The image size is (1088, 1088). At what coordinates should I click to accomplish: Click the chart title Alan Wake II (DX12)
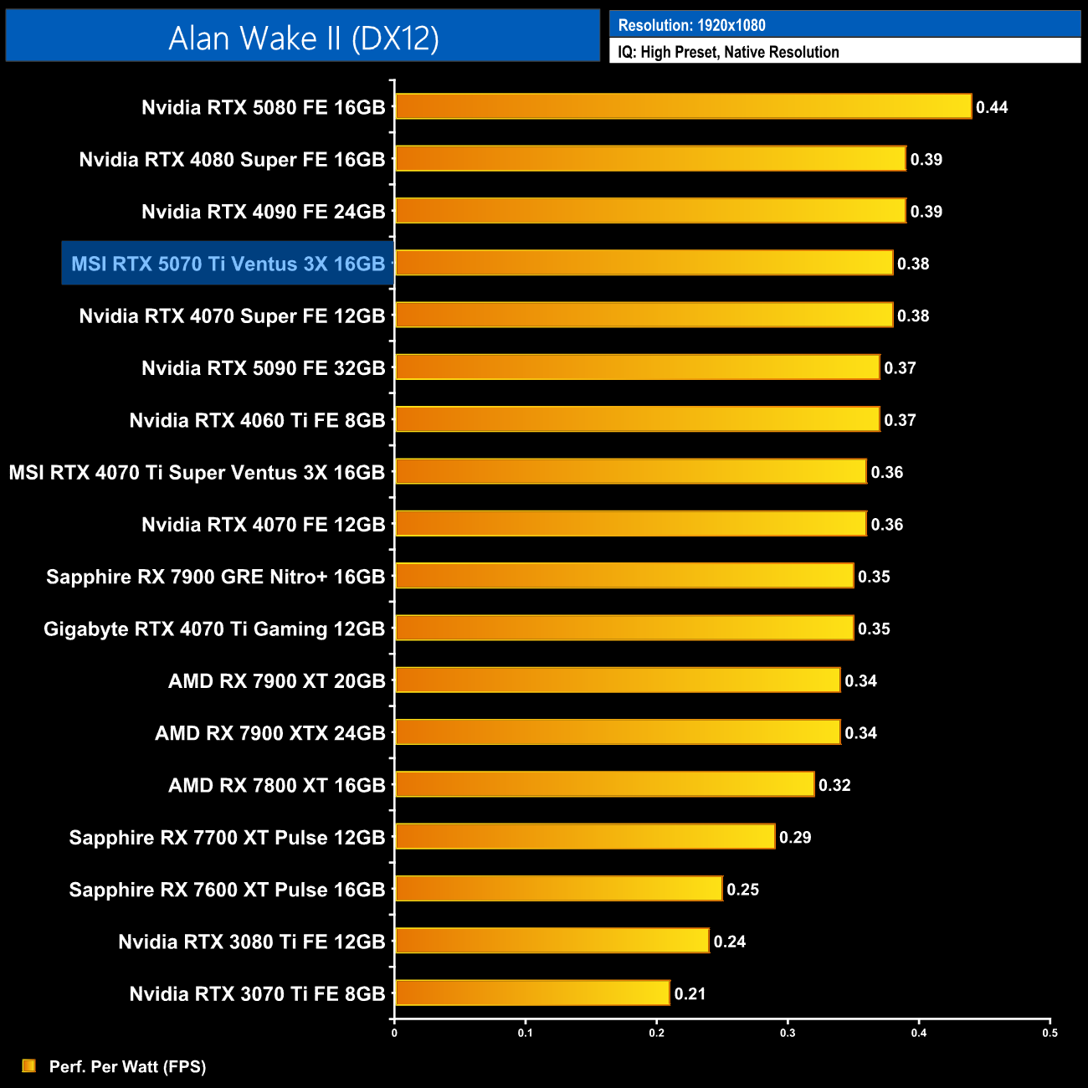[x=303, y=38]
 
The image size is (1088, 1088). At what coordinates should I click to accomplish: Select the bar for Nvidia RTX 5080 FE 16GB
[x=683, y=107]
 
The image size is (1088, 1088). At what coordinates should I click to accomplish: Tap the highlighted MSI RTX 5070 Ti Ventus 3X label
[x=228, y=264]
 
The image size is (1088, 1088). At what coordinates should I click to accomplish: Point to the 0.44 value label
[x=992, y=107]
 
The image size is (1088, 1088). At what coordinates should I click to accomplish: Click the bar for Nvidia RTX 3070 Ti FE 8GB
[x=532, y=993]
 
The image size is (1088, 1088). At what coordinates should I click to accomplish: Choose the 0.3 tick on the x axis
[x=788, y=1033]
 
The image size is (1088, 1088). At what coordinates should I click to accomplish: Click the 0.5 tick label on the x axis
[x=1050, y=1033]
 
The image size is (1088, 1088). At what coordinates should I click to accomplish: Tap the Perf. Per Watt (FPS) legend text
[x=127, y=1066]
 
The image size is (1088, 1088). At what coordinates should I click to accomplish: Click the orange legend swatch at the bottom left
[x=29, y=1065]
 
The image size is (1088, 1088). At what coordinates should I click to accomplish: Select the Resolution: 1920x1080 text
[x=691, y=25]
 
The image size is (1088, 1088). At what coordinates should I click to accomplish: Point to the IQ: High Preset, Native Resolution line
[x=728, y=52]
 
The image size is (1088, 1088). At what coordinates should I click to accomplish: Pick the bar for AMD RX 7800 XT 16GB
[x=604, y=784]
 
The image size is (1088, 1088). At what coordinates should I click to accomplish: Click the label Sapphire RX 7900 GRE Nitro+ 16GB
[x=216, y=577]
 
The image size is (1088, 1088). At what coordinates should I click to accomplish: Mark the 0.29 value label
[x=795, y=837]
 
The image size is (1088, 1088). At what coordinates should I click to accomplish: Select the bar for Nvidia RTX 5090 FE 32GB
[x=637, y=367]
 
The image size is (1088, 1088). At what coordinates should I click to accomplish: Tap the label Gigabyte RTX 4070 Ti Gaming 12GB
[x=214, y=629]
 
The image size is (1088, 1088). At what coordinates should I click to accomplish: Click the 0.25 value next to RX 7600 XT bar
[x=742, y=889]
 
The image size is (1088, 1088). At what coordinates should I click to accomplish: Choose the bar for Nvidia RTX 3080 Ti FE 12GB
[x=552, y=941]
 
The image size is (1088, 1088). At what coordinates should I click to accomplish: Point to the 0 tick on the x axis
[x=394, y=1033]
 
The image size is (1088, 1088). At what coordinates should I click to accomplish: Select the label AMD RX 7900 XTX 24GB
[x=270, y=733]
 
